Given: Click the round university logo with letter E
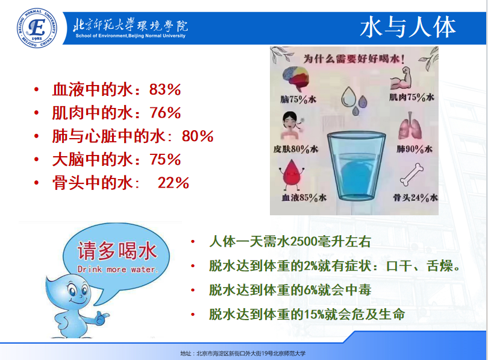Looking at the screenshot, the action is pos(37,28).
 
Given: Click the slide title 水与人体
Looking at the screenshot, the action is pos(408,27).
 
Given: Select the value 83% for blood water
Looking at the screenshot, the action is pos(165,90).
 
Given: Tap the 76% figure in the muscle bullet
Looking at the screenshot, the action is pos(165,113).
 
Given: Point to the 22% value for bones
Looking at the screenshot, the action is pos(174,183).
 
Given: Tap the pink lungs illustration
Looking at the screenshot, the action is pos(411,126).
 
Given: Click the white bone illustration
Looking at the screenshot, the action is pos(411,175).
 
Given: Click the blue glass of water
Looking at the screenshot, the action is pos(356,166).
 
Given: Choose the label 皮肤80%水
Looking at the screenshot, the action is pos(296,149).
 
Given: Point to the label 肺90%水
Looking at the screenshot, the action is pos(414,149).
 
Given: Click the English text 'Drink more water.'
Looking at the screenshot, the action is pos(118,270).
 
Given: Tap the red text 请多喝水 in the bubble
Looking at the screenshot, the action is pos(117,251).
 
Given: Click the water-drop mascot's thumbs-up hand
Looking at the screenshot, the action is pos(101,318).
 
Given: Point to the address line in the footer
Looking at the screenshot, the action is pos(243,353).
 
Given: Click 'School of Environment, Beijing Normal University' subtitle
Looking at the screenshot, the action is pos(130,36).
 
